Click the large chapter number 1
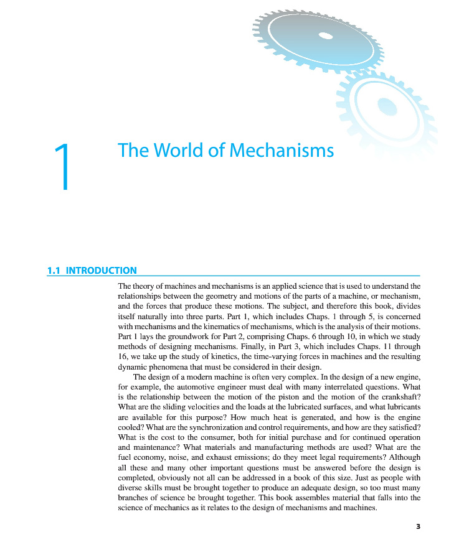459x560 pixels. (63, 166)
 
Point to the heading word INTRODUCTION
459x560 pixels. (101, 271)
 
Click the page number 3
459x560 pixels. (419, 527)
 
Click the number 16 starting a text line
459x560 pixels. (123, 357)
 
